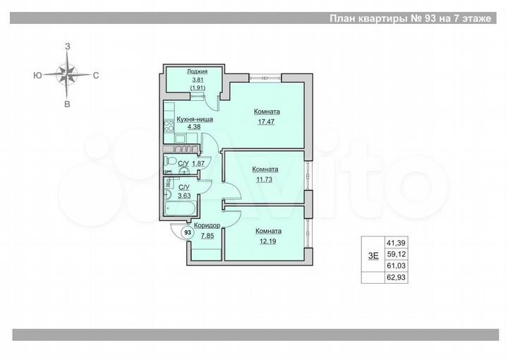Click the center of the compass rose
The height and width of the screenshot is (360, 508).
click(68, 73)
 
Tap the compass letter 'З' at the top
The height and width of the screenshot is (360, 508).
click(68, 46)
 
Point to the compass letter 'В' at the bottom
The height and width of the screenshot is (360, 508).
click(68, 104)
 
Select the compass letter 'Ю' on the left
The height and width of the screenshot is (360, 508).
click(36, 74)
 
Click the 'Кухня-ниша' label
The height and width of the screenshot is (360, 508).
click(190, 120)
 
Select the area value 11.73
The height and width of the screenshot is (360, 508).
click(265, 179)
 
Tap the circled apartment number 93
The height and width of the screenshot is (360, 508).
click(187, 232)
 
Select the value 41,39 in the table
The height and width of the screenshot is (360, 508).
click(395, 242)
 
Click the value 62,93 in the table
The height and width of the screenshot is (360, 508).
click(395, 277)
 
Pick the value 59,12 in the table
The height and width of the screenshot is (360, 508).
click(395, 253)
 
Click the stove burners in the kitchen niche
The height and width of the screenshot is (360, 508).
click(169, 127)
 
